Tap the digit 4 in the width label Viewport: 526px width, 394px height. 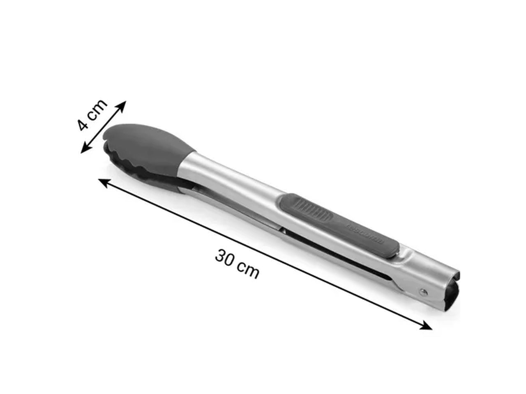(x=84, y=124)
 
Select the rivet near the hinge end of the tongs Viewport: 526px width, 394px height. (x=423, y=292)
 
